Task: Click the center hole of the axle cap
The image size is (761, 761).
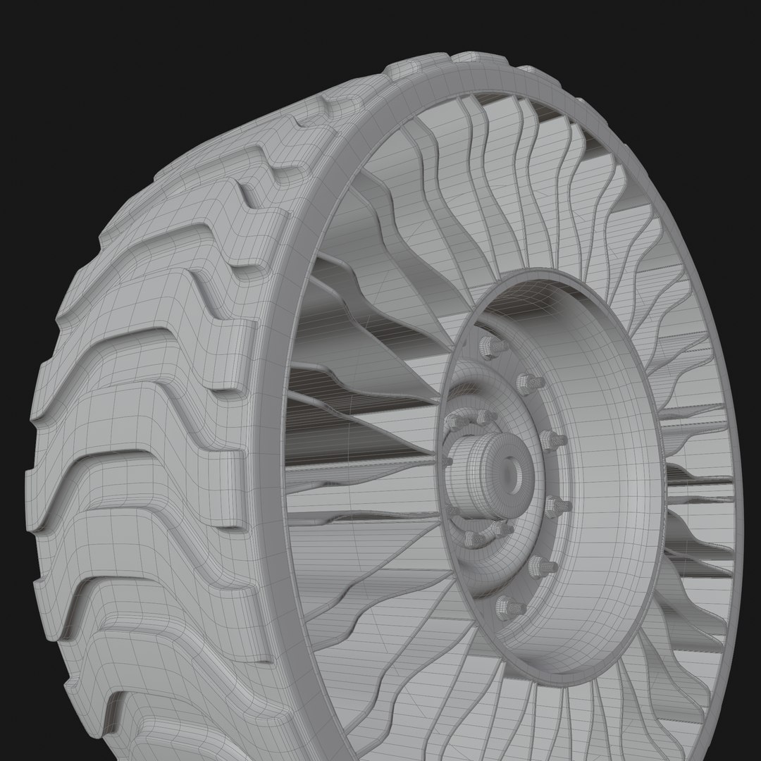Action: [513, 471]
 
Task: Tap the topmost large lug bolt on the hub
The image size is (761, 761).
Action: [486, 346]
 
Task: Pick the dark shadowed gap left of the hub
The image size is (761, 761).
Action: [366, 437]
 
